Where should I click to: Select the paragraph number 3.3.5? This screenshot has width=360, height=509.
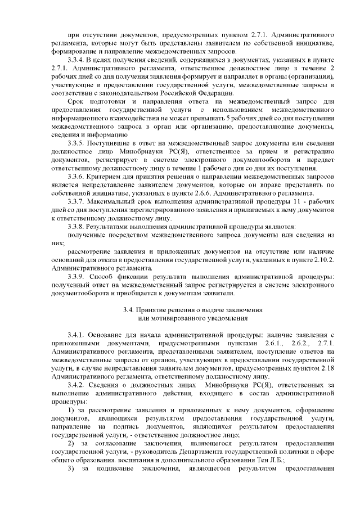point(77,144)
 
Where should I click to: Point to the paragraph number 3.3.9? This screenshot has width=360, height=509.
point(77,277)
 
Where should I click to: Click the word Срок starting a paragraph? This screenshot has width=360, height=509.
point(75,101)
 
